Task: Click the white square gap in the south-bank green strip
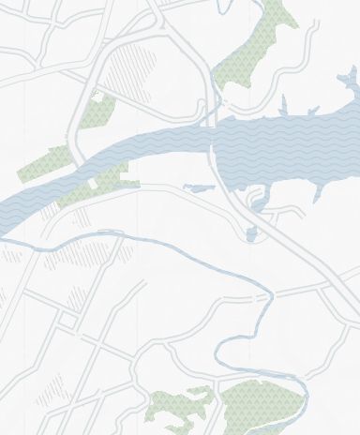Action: click(92, 185)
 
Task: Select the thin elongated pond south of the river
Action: click(199, 188)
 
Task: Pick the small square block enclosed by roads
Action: click(67, 321)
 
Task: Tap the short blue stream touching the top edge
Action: click(223, 7)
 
